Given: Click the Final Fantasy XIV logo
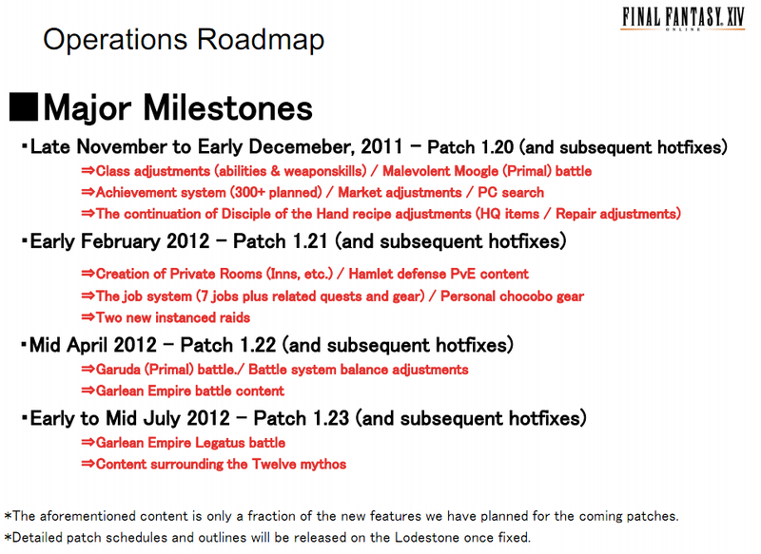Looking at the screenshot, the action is coord(683,19).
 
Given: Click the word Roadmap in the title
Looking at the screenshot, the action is coord(261,40).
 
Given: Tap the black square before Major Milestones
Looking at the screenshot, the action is coord(23,106).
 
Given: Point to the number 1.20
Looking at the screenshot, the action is coord(496,147).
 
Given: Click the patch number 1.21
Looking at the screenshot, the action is coord(310,241).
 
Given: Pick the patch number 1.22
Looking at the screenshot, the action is coord(258,345).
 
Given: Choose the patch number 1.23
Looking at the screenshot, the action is coord(331,418).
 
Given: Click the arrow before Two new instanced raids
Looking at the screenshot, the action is coord(88,317).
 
